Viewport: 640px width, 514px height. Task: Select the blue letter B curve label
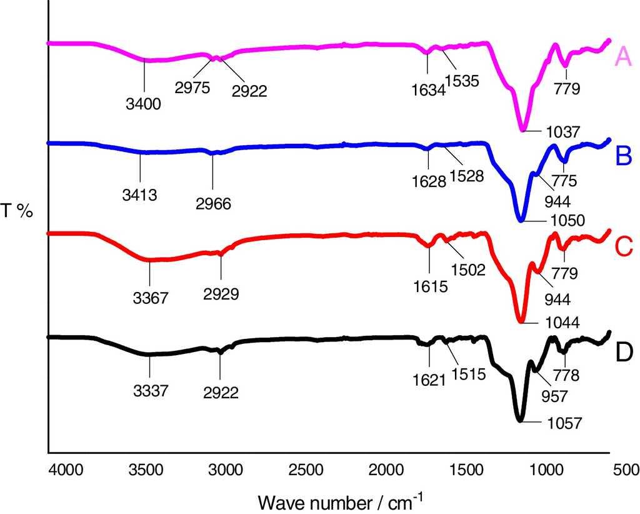pyautogui.click(x=624, y=156)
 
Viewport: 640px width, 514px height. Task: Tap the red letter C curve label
pyautogui.click(x=624, y=247)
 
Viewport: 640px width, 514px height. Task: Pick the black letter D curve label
pyautogui.click(x=624, y=353)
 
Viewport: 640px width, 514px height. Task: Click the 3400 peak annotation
pyautogui.click(x=144, y=104)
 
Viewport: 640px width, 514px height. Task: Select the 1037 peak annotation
pyautogui.click(x=564, y=132)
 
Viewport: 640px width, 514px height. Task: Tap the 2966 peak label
pyautogui.click(x=213, y=203)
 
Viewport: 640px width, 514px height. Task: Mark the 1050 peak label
pyautogui.click(x=567, y=221)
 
